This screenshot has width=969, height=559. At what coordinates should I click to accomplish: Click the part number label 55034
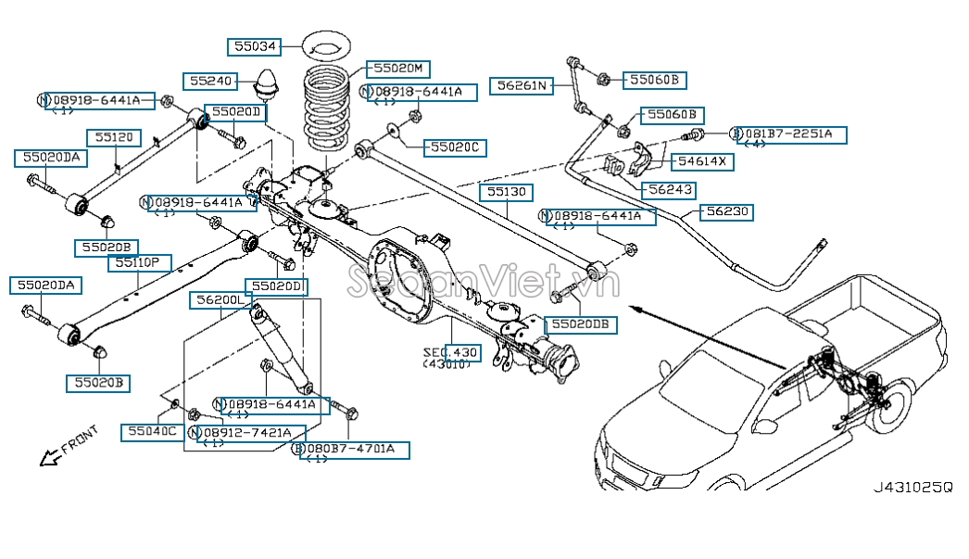click(x=254, y=44)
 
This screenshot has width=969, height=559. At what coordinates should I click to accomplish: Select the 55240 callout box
click(x=209, y=81)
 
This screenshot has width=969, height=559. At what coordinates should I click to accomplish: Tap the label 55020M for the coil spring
click(x=398, y=68)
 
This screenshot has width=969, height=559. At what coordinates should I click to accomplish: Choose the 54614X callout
click(x=701, y=161)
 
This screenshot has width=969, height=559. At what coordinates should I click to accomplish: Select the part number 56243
click(x=671, y=189)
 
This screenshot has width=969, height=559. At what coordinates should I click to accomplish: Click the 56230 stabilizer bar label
click(x=724, y=212)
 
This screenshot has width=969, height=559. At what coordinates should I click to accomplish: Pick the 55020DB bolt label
click(x=580, y=324)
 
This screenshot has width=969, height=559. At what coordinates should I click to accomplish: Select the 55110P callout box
click(x=139, y=263)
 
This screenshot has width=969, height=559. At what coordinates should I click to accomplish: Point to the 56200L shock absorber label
click(x=219, y=300)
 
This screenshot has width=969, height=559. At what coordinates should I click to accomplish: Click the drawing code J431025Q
click(x=912, y=487)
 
